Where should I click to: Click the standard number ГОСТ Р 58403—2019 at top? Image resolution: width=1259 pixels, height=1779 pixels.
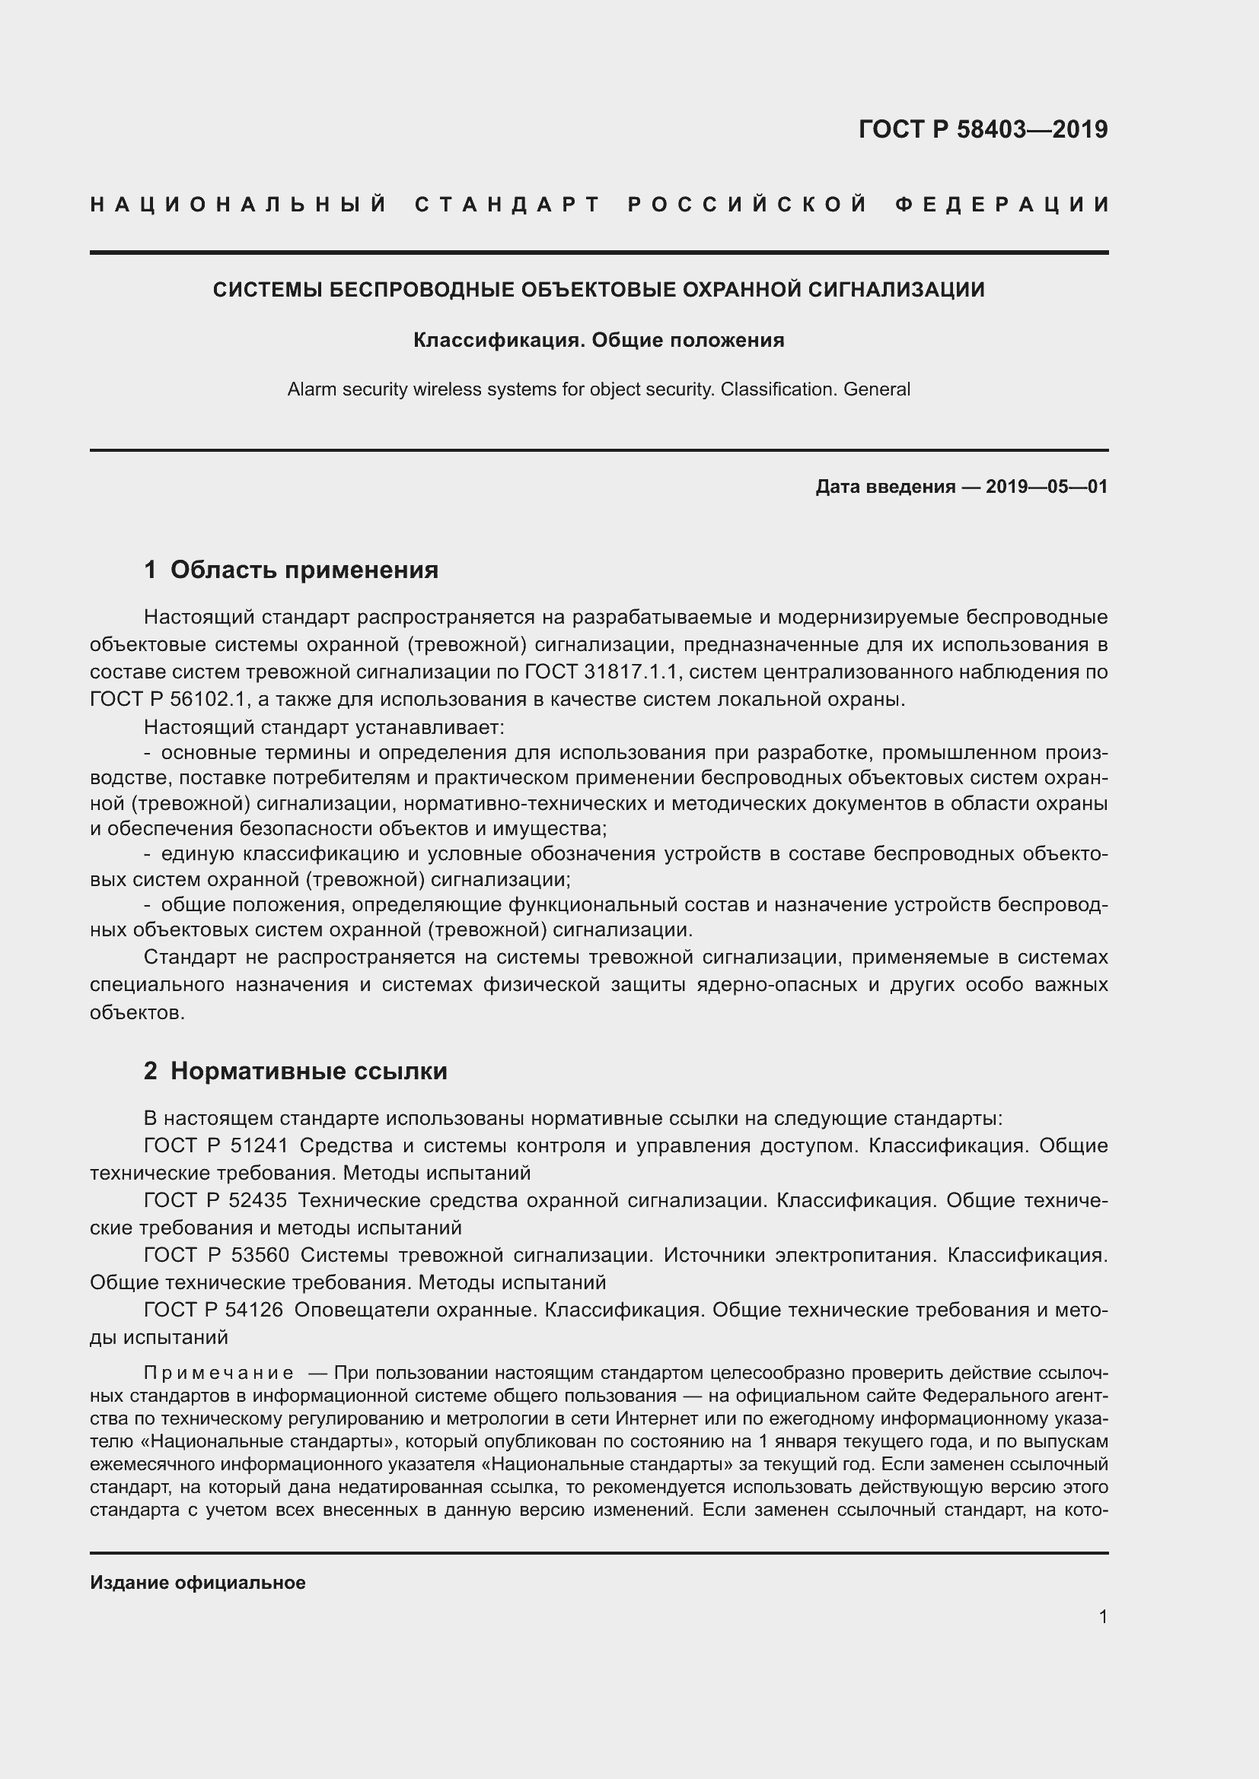(x=982, y=129)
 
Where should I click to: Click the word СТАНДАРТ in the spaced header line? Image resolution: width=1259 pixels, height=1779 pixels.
(x=508, y=205)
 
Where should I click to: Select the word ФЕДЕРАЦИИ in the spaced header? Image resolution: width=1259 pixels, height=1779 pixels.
(x=1002, y=205)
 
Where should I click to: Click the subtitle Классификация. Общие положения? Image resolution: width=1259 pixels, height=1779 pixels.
(x=598, y=340)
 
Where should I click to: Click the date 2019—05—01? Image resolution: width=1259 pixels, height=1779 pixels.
(x=1047, y=487)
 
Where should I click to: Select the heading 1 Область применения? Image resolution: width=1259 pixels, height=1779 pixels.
(x=291, y=570)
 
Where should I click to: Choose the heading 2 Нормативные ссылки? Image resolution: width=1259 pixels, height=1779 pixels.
(x=295, y=1071)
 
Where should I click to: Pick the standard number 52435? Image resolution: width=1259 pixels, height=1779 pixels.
(x=258, y=1200)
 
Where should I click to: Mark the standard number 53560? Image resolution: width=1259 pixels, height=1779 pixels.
(x=258, y=1255)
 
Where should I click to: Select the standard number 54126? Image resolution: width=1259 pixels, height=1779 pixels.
(x=254, y=1310)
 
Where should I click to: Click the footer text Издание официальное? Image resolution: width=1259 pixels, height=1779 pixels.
(x=198, y=1582)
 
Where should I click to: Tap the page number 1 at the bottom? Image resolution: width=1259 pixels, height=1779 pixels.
(x=1103, y=1617)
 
